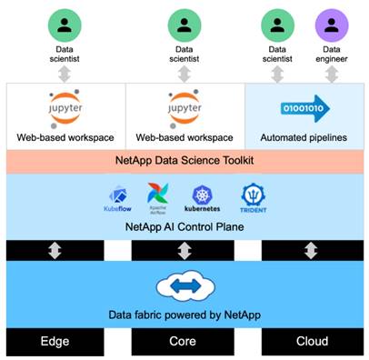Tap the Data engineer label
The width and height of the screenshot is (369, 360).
pyautogui.click(x=333, y=57)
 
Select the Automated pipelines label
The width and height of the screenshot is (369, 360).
pyautogui.click(x=304, y=138)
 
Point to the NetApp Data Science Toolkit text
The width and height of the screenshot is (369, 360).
pyautogui.click(x=184, y=161)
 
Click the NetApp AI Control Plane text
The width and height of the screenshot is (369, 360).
pyautogui.click(x=184, y=224)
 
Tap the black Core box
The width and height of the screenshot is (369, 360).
pyautogui.click(x=184, y=343)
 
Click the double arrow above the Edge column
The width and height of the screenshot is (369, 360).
pyautogui.click(x=55, y=250)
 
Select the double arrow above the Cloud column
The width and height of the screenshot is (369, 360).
pyautogui.click(x=313, y=250)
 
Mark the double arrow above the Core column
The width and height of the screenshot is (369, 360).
pyautogui.click(x=184, y=250)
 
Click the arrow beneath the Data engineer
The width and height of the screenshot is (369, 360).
pyautogui.click(x=333, y=76)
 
